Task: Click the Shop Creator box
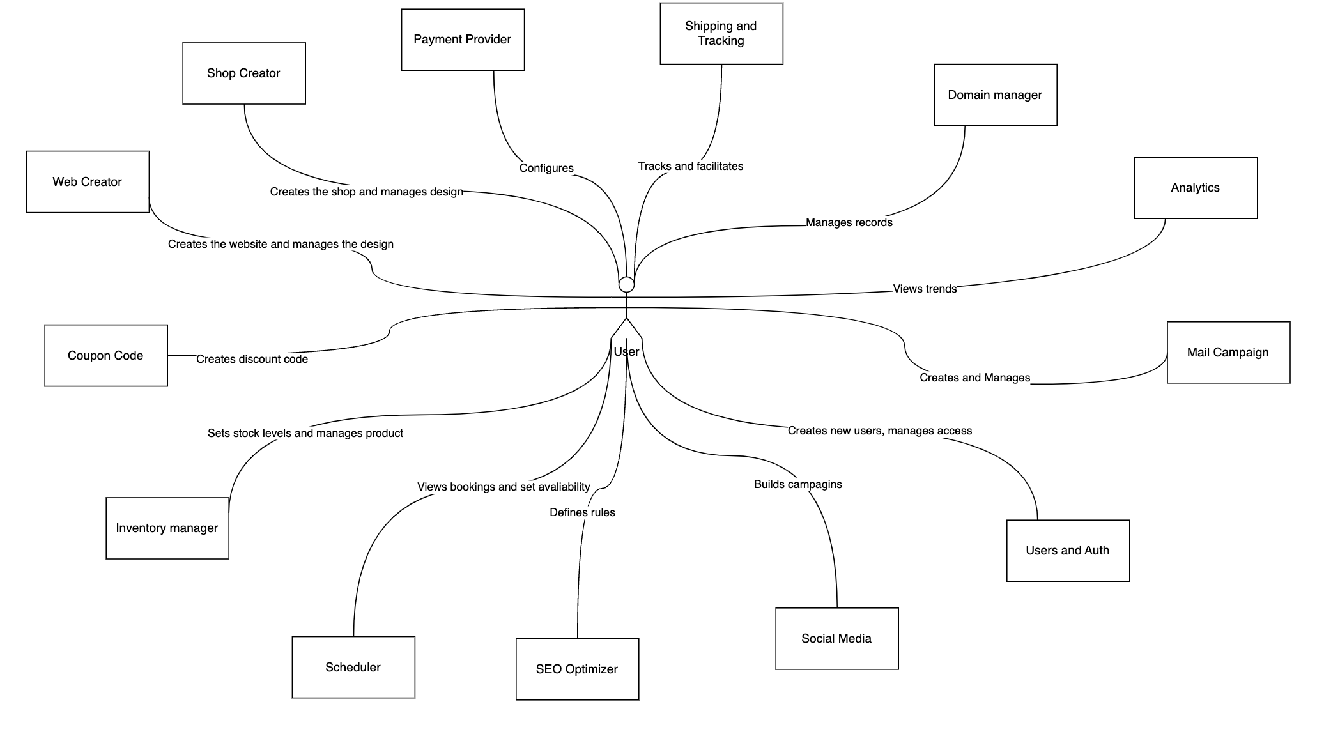[243, 73]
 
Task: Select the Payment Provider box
[463, 40]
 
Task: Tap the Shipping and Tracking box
[721, 33]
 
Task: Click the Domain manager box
[995, 95]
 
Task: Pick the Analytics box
[1195, 188]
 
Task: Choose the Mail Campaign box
[1228, 353]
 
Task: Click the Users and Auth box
[1067, 551]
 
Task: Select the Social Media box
[836, 639]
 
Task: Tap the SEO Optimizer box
[576, 669]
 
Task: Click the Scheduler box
[353, 668]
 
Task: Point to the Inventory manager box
[167, 528]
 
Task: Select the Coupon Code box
[105, 356]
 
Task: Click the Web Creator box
[87, 182]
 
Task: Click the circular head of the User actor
[626, 284]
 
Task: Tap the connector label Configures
[546, 168]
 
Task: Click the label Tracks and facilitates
[690, 166]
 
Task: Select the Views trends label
[924, 289]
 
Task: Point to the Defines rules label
[582, 512]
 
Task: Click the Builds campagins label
[797, 484]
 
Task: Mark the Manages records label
[849, 222]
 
